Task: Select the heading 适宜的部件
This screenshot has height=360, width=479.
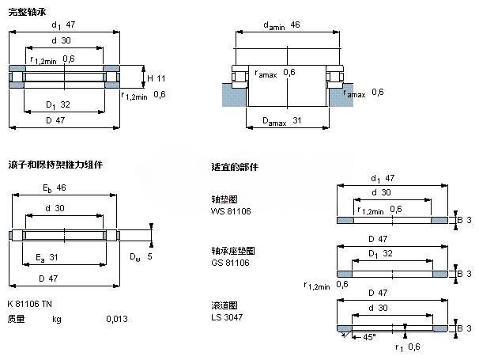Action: [x=235, y=167]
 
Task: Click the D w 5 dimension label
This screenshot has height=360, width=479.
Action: [x=140, y=256]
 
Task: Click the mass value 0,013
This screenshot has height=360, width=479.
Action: [x=116, y=319]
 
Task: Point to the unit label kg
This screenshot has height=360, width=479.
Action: [x=57, y=319]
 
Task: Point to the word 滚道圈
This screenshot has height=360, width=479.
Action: [x=223, y=305]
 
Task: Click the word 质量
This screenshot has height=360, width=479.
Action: [x=16, y=319]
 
